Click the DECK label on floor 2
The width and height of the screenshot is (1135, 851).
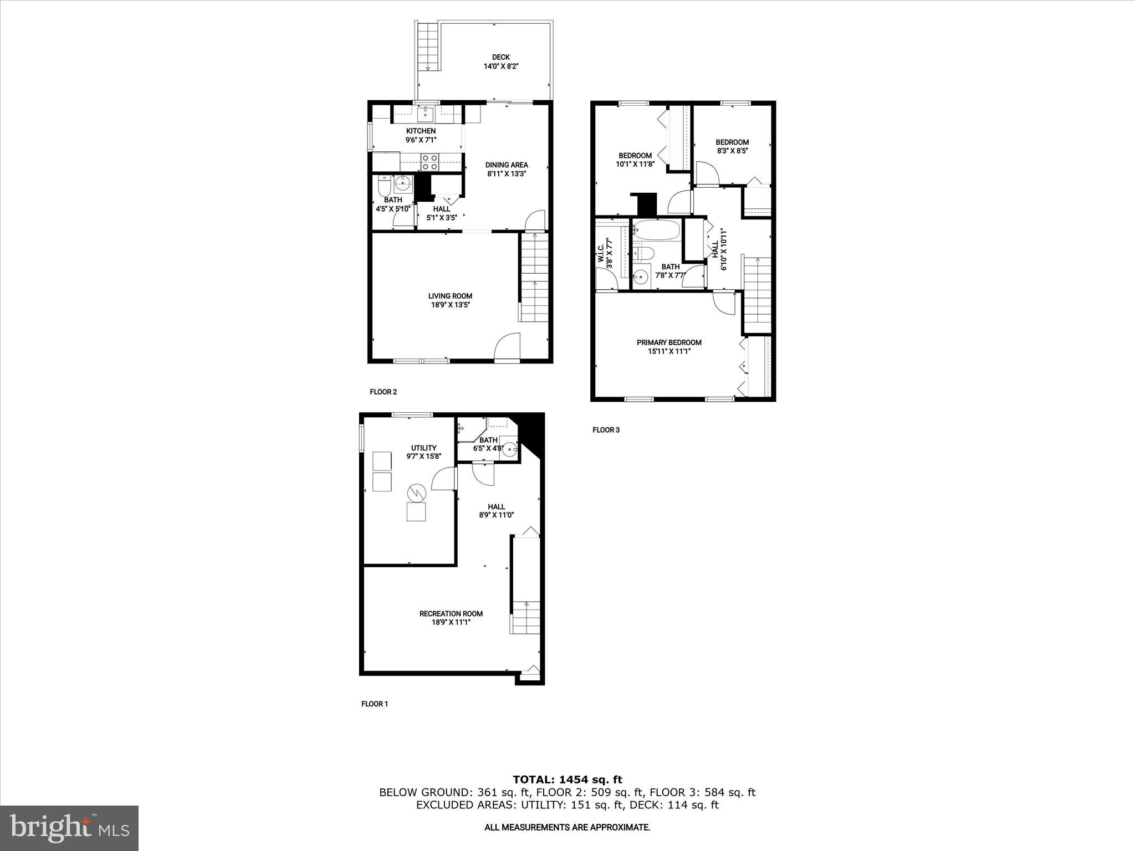coord(500,57)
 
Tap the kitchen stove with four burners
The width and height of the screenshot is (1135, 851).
coord(429,162)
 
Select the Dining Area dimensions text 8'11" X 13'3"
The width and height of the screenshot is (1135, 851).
coord(506,173)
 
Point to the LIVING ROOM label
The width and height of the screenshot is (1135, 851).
coord(450,296)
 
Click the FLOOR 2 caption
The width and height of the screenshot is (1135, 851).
coord(383,392)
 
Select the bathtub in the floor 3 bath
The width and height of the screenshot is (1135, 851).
coord(656,229)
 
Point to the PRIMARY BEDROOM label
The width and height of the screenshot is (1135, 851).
coord(669,342)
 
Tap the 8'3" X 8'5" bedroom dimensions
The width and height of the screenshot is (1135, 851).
coord(732,151)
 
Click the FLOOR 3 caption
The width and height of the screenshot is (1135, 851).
coord(606,429)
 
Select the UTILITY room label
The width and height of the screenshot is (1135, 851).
coord(423,448)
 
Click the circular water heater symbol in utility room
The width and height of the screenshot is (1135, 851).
coord(416,491)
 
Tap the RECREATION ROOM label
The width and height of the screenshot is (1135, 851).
coord(451,613)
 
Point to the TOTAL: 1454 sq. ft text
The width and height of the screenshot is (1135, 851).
coord(567,780)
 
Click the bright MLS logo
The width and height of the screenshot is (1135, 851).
coord(69,828)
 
